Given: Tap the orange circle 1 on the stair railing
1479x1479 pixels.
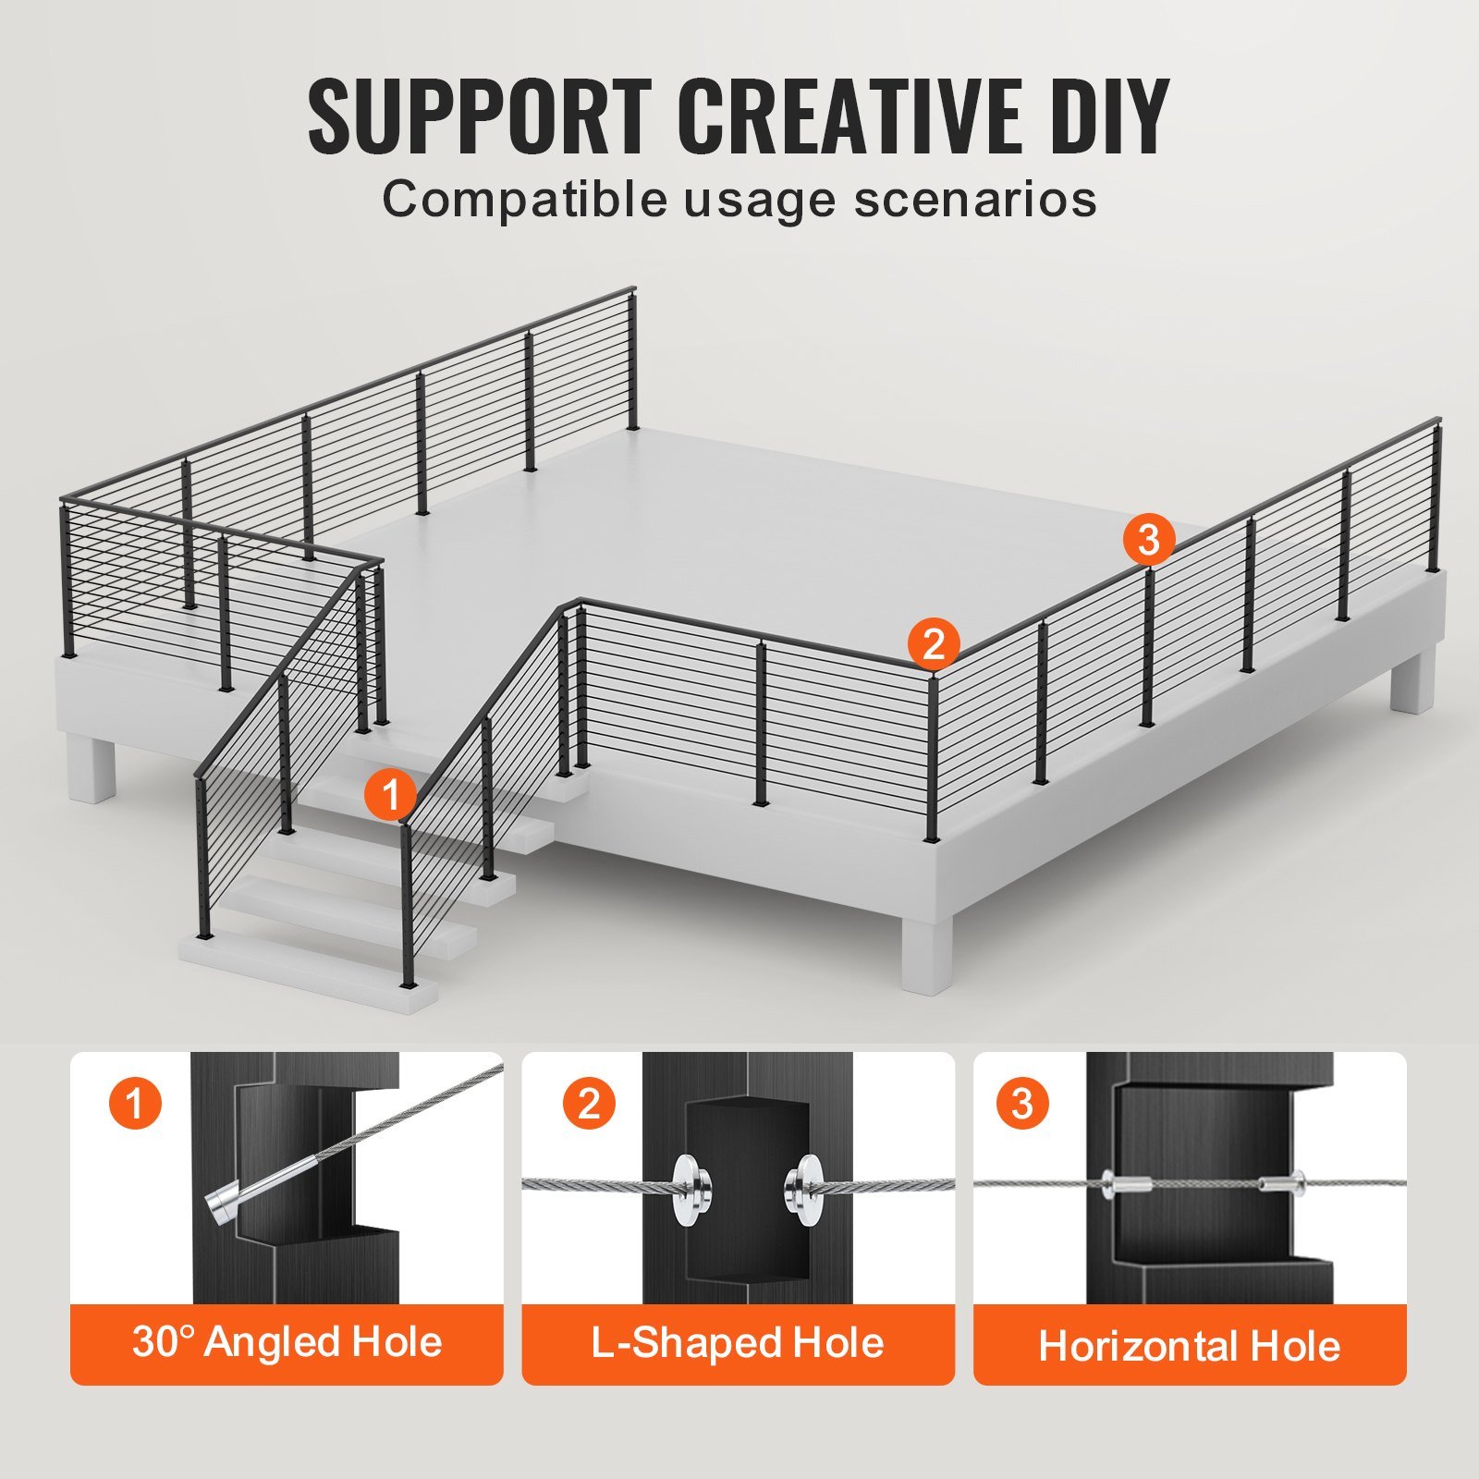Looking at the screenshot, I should pyautogui.click(x=390, y=794).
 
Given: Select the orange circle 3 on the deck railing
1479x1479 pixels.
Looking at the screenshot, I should pyautogui.click(x=1149, y=539).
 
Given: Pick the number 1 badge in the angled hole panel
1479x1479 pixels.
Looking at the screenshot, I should pyautogui.click(x=135, y=1104).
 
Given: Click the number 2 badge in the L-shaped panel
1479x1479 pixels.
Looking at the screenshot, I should pyautogui.click(x=589, y=1104).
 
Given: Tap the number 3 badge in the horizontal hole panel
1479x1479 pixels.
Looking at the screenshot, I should pyautogui.click(x=1021, y=1104).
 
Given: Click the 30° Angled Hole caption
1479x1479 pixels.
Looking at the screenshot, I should pyautogui.click(x=287, y=1343).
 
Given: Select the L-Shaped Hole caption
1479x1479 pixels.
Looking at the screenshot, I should pyautogui.click(x=738, y=1343).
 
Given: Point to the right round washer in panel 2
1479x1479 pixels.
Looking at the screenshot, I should pyautogui.click(x=801, y=1190).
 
